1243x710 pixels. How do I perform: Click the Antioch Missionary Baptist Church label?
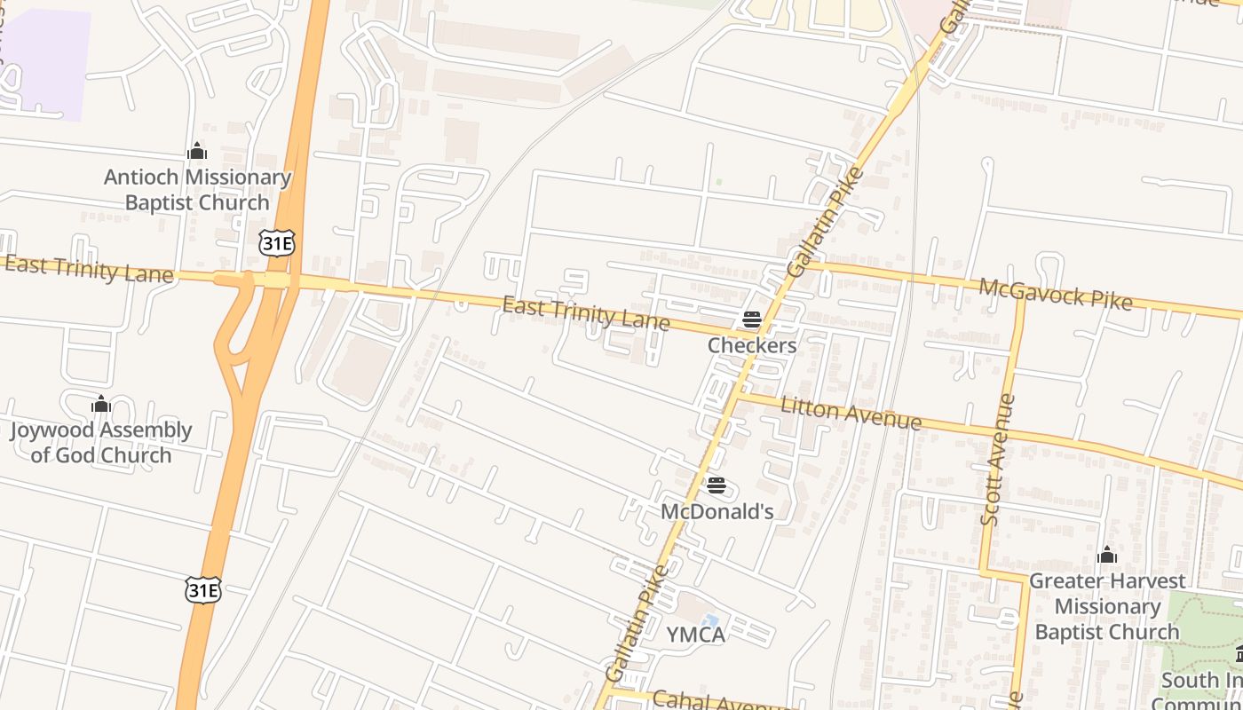(x=197, y=190)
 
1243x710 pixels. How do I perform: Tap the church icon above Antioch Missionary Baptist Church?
(x=197, y=152)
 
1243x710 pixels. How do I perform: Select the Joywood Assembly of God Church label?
(x=100, y=442)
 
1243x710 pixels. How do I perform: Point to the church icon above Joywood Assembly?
(x=101, y=405)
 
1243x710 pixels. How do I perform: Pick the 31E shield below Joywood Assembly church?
(x=203, y=589)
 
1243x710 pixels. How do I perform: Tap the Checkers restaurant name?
(x=752, y=345)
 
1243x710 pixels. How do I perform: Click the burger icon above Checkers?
(x=752, y=319)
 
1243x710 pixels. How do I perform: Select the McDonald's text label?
(x=717, y=511)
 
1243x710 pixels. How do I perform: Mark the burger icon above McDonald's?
(x=717, y=485)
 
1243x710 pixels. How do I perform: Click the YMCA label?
(x=696, y=635)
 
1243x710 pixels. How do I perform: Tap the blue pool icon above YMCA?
(x=710, y=620)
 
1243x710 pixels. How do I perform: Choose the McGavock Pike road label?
(x=1056, y=294)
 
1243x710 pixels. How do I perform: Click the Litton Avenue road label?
(x=851, y=413)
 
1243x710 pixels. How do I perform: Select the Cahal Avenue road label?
(x=719, y=700)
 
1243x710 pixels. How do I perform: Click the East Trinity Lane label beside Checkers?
(x=586, y=312)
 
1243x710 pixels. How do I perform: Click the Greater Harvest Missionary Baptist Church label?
(x=1106, y=606)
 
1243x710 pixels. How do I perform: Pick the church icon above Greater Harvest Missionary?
(x=1106, y=556)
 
